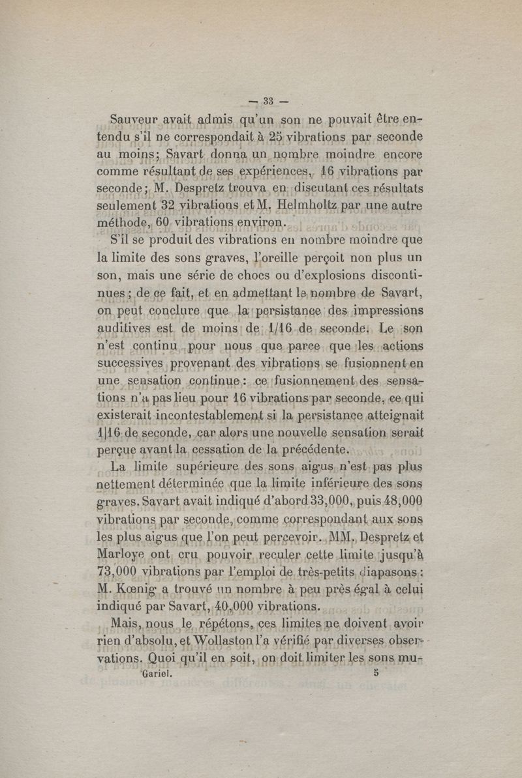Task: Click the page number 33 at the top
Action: [268, 101]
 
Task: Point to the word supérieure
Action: [192, 467]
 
